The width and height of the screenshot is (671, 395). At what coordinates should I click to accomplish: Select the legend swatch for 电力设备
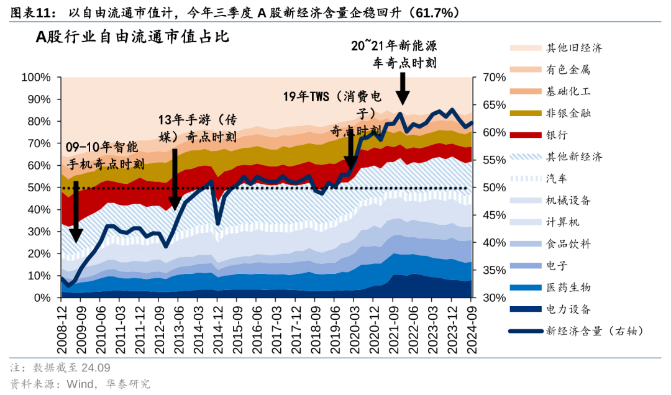pyautogui.click(x=524, y=309)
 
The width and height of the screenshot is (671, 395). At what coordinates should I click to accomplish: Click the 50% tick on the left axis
pyautogui.click(x=39, y=188)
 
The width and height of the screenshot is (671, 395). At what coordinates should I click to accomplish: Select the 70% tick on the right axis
pyautogui.click(x=485, y=78)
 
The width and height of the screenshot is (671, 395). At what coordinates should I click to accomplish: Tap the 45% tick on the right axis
pyautogui.click(x=485, y=215)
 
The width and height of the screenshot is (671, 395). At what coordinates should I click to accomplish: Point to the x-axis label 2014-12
pyautogui.click(x=218, y=328)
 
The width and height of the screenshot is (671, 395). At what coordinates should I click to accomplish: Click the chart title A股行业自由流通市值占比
pyautogui.click(x=132, y=37)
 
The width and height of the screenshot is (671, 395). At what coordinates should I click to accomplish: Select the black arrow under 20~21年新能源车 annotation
pyautogui.click(x=403, y=88)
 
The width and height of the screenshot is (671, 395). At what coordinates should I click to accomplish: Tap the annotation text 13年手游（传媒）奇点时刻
pyautogui.click(x=197, y=128)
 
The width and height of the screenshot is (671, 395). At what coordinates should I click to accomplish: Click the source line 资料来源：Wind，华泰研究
pyautogui.click(x=80, y=384)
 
